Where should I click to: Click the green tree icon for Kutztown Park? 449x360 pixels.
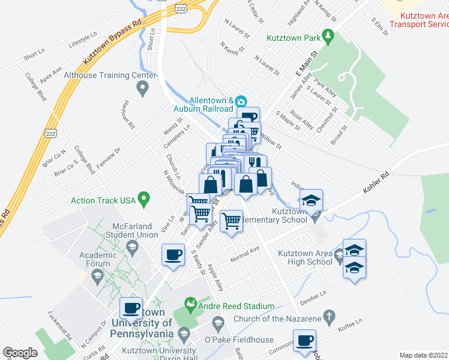point(328,38)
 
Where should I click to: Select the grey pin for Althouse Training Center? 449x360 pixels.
point(143,89)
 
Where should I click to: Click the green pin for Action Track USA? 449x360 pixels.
point(143,198)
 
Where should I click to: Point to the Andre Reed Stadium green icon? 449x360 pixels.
point(191,304)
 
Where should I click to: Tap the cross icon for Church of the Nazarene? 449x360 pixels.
point(328,315)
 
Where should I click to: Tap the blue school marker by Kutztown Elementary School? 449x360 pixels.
point(311,200)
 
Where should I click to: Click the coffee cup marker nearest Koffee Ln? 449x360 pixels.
point(304,341)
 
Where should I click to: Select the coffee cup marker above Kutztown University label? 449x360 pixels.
point(131,308)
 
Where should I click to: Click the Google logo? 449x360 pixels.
point(20,353)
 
